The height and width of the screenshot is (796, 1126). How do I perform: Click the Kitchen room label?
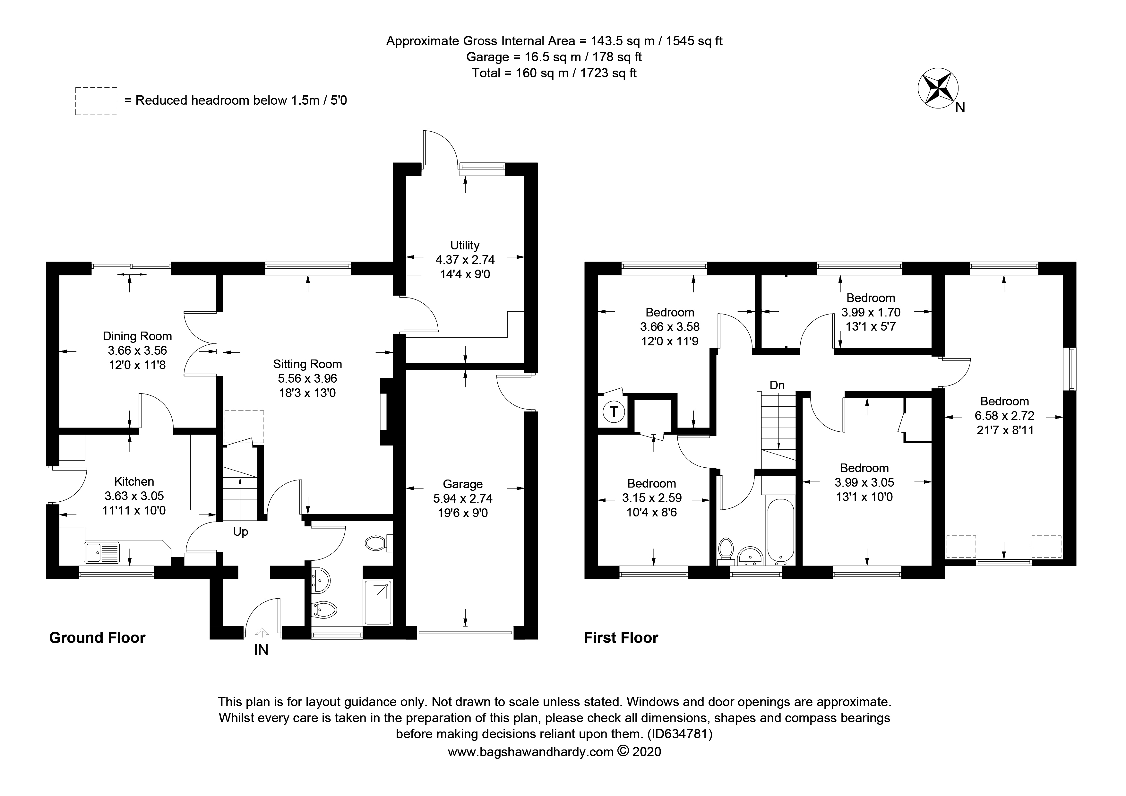pos(134,481)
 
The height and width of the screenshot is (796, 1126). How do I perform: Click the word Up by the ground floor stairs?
pos(240,532)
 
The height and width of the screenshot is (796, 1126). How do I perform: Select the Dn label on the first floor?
pos(777,385)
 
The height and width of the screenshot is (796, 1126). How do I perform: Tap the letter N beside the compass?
pos(960,108)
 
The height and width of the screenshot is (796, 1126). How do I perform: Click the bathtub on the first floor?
pos(780,531)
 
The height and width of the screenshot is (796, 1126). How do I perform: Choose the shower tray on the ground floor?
pos(378,603)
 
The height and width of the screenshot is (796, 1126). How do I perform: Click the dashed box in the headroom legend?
pos(96,101)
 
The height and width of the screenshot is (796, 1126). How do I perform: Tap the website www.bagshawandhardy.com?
pos(531,752)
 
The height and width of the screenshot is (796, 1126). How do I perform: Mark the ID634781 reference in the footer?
pos(679,734)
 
